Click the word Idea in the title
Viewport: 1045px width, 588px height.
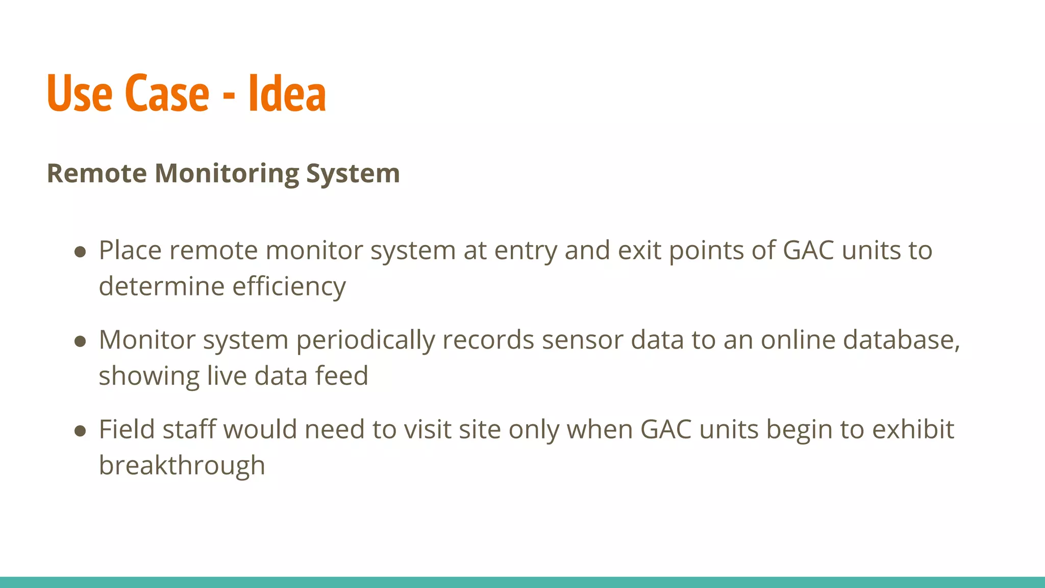(x=287, y=93)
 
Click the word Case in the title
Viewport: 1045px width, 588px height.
(x=167, y=93)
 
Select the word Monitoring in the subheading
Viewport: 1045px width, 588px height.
(x=227, y=174)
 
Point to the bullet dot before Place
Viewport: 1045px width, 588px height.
(x=80, y=252)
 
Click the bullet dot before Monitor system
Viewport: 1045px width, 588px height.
(x=80, y=341)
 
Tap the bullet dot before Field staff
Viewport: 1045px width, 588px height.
(x=80, y=431)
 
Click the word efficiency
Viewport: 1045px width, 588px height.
(x=289, y=286)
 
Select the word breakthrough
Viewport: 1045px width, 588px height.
(x=182, y=465)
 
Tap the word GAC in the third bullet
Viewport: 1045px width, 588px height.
(x=666, y=430)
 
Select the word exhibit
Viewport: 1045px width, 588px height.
(x=913, y=430)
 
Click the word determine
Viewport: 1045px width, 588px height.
(x=161, y=286)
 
